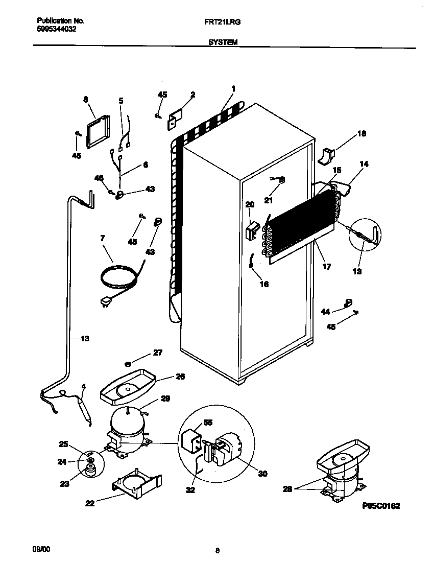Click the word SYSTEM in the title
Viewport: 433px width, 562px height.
tap(223, 43)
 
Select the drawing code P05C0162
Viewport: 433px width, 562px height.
tap(380, 506)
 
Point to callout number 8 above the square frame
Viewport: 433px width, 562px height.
tap(86, 100)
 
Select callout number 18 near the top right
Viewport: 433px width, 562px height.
tap(362, 134)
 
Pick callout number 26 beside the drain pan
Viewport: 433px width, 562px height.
tap(180, 377)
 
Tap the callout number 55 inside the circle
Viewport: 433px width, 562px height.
tap(208, 422)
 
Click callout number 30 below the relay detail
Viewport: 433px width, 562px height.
tap(262, 474)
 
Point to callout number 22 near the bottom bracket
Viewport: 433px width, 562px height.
tap(89, 503)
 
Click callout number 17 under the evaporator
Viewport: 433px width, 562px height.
tap(327, 266)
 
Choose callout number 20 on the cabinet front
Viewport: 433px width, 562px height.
tap(250, 204)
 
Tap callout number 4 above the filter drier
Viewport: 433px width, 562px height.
tap(84, 386)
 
